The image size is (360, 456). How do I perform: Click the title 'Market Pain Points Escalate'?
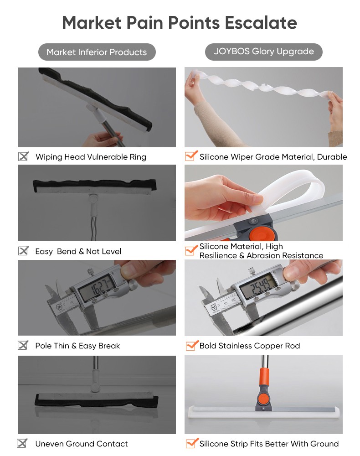[x=180, y=23]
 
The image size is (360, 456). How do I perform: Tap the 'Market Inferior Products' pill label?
[x=97, y=52]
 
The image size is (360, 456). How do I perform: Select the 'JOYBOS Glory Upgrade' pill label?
[x=264, y=52]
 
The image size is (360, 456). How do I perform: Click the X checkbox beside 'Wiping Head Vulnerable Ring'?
[x=23, y=156]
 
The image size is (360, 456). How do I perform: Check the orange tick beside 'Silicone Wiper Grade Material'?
[x=191, y=155]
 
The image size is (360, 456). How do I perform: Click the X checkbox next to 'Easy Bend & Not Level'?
[x=23, y=250]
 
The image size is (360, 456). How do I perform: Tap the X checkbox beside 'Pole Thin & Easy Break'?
[x=23, y=345]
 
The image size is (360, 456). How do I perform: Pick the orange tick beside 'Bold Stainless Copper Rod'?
[x=192, y=345]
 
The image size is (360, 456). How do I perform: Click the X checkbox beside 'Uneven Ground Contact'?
[x=22, y=443]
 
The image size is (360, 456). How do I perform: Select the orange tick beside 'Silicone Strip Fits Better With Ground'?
[x=192, y=443]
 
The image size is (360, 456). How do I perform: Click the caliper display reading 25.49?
[x=258, y=286]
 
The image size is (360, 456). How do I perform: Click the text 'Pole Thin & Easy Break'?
[x=77, y=346]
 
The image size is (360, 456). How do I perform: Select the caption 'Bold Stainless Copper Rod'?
[x=250, y=346]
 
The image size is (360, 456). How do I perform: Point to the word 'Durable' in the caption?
[x=332, y=157]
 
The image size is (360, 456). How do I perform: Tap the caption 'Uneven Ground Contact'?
[x=82, y=444]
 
